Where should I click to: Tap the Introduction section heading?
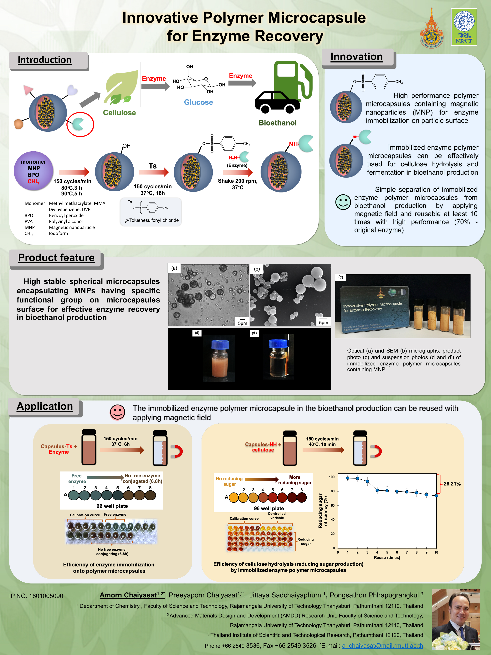pos(44,60)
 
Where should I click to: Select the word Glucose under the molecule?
pos(198,102)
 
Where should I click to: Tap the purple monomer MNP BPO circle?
pos(33,171)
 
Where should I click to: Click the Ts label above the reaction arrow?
pos(152,166)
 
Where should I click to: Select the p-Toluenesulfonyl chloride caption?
pos(152,220)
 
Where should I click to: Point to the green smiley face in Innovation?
pos(343,202)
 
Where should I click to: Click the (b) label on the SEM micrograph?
pos(257,269)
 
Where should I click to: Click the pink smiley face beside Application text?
pos(117,412)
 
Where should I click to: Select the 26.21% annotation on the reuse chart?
pos(452,484)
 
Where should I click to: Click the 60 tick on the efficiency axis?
pos(333,505)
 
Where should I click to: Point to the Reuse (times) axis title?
pos(387,558)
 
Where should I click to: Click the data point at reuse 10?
pos(436,496)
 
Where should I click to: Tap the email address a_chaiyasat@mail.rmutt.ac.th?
pos(382,646)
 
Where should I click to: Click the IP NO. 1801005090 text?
pos(36,596)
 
